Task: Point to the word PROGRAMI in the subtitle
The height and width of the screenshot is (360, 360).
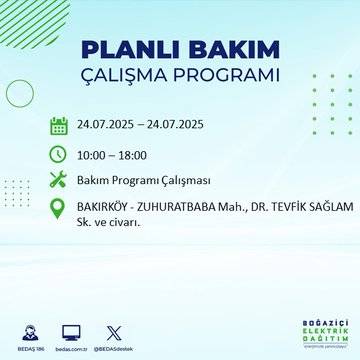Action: (x=227, y=76)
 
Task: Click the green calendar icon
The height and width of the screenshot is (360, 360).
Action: (x=59, y=125)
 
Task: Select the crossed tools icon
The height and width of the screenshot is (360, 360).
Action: (x=59, y=180)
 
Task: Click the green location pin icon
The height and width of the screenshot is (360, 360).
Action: (x=59, y=210)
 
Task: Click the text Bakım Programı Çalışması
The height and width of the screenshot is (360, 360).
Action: (x=141, y=180)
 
